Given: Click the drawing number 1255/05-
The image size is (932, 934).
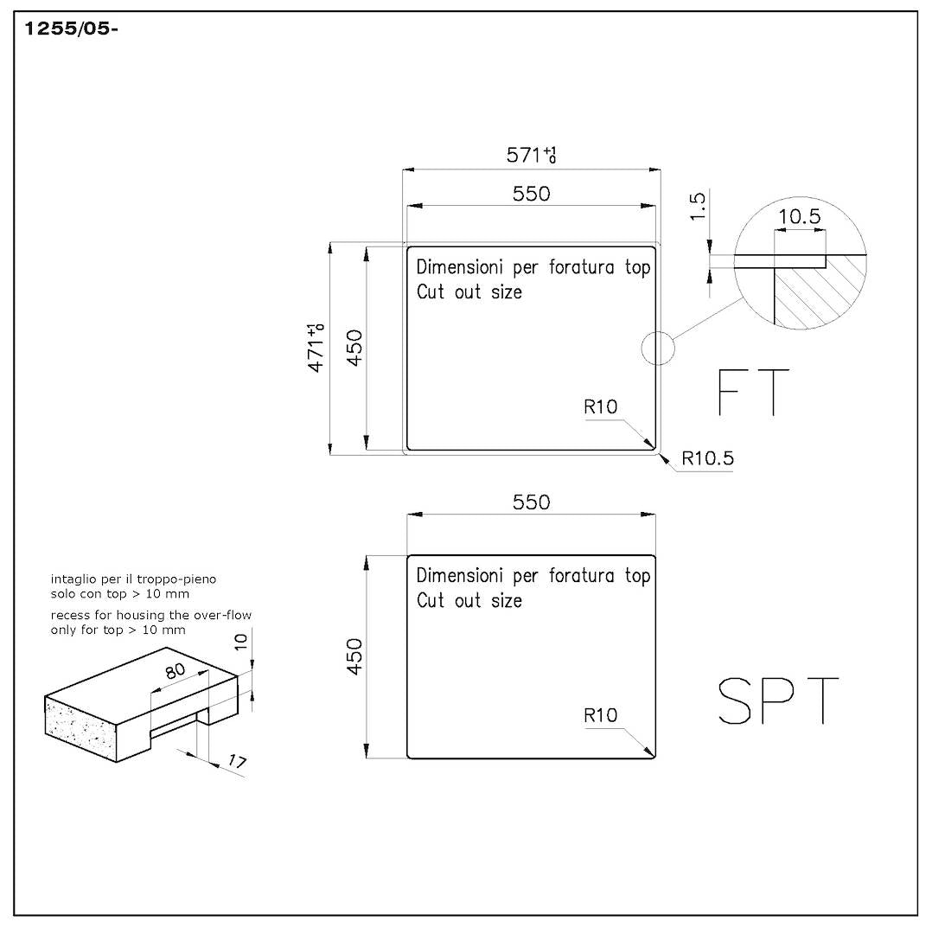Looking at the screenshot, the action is click(x=71, y=29).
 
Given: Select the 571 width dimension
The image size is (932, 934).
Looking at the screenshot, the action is click(x=531, y=155).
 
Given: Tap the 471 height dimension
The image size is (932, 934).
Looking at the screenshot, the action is click(x=316, y=348).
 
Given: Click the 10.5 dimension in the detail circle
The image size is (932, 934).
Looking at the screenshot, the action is click(x=799, y=216).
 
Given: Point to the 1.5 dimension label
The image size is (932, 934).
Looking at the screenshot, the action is click(x=698, y=206).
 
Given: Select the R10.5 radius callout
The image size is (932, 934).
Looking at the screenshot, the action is click(x=707, y=458).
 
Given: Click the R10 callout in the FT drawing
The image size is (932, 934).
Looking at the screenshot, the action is click(x=600, y=406).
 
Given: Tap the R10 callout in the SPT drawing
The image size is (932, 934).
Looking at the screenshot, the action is click(x=600, y=715).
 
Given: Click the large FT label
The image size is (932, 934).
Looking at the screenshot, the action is click(x=753, y=392).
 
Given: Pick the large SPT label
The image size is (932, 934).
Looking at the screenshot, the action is click(x=778, y=700).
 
